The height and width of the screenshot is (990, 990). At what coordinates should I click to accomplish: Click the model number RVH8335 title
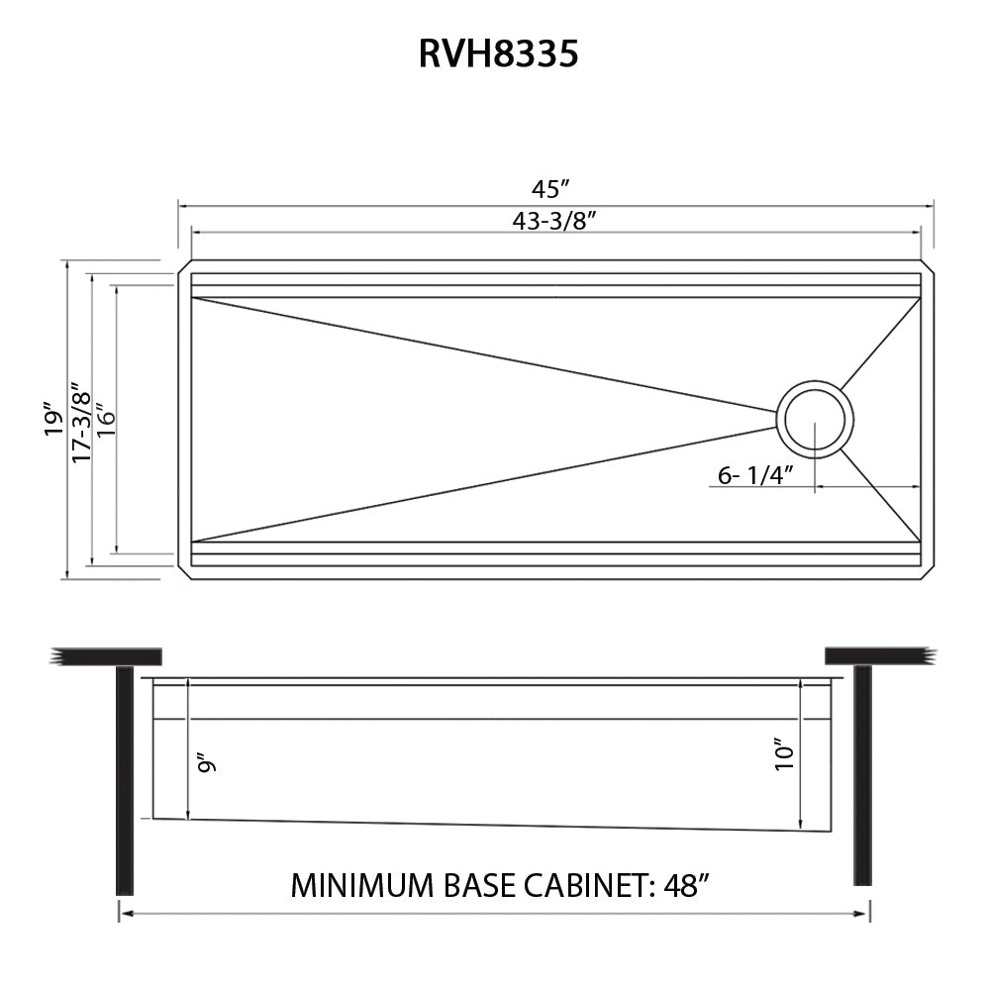coord(498,53)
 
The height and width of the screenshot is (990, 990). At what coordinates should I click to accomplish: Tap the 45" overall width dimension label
coord(552,188)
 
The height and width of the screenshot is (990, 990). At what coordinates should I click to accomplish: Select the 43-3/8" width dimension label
coord(552,222)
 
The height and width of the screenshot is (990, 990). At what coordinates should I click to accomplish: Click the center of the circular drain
coord(814,420)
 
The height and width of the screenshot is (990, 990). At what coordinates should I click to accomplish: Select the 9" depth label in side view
coord(206,763)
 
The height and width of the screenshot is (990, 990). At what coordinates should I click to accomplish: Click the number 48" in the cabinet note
coord(684,884)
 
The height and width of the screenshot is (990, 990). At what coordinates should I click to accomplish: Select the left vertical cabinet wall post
coord(124,779)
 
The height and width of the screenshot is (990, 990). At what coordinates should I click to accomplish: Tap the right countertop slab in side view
coord(879,655)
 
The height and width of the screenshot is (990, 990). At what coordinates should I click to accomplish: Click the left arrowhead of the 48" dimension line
coord(123,914)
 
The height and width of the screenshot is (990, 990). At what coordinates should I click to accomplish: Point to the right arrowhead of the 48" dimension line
coord(865,914)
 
